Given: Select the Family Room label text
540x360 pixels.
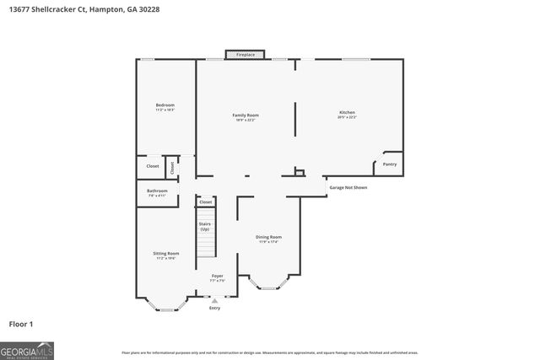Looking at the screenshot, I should [246, 116].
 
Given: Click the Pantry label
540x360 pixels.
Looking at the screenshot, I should [389, 164].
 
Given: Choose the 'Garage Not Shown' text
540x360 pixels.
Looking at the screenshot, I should [348, 187].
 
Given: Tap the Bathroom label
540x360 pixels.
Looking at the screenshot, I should [157, 192].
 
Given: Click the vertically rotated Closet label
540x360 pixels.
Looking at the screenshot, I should [172, 167].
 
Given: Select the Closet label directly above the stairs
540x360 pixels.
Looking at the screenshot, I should [206, 202].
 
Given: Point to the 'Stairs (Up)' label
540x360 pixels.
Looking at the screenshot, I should [204, 226].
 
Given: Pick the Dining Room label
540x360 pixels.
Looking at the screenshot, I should [268, 239].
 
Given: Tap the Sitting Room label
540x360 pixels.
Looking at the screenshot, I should [165, 255].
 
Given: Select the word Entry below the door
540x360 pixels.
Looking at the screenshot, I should [214, 309].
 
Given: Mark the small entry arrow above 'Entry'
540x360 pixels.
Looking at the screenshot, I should [214, 300].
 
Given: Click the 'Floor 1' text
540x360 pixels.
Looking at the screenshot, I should [22, 323].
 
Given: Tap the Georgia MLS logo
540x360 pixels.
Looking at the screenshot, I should [27, 350].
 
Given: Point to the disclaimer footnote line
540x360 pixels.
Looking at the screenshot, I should [269, 352].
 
